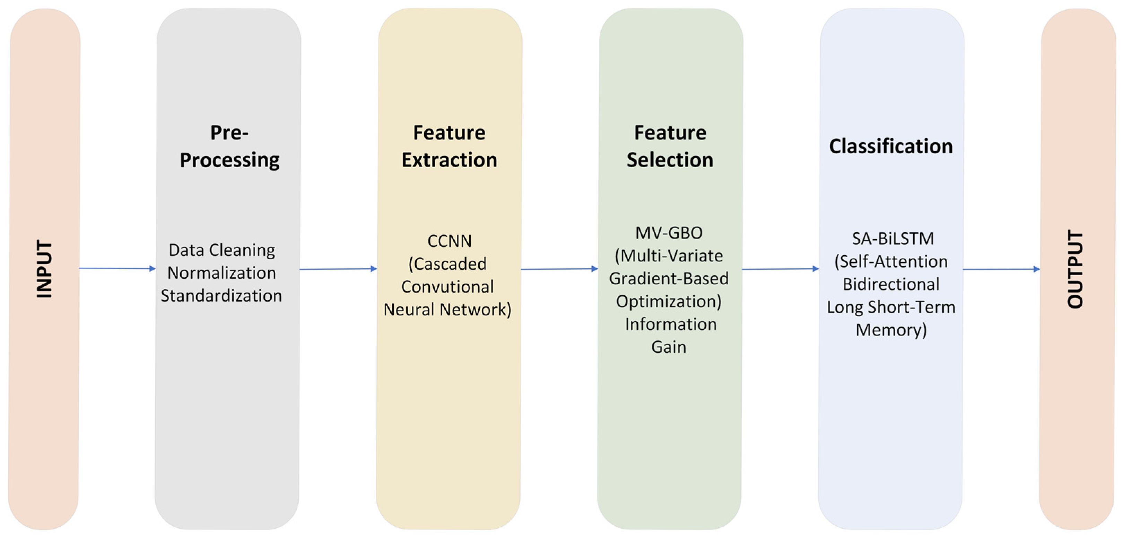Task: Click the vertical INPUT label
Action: [x=44, y=269]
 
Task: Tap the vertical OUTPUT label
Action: [x=1075, y=269]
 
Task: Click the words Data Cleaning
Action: [x=221, y=250]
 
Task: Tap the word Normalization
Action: [x=221, y=273]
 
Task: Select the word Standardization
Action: [x=221, y=295]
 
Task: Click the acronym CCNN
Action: [x=449, y=241]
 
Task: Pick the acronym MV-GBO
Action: [x=669, y=233]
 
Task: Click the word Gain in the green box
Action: [x=669, y=347]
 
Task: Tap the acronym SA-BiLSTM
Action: [x=893, y=238]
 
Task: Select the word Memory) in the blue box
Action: [x=891, y=330]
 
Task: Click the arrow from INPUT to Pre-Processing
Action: [x=117, y=268]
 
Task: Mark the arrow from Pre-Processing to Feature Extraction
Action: [x=338, y=269]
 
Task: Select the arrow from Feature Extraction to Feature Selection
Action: [x=559, y=269]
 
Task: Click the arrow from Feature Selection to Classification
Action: [x=780, y=269]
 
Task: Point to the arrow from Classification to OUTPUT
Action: [x=1001, y=269]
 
